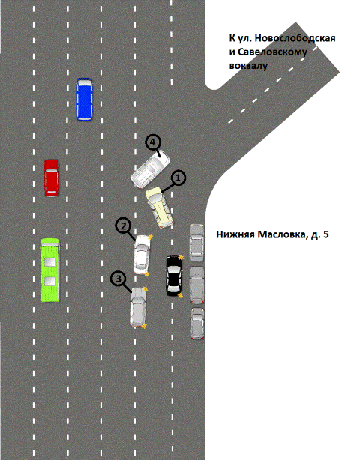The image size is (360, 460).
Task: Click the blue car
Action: pos(85,100)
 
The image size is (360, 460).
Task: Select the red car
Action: pos(52,178)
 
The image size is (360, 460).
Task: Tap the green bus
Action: pos(50,270)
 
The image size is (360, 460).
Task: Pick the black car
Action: pos(174,276)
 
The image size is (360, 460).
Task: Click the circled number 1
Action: pos(178,178)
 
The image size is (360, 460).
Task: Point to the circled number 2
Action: pos(124,226)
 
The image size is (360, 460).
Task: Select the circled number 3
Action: pos(118,279)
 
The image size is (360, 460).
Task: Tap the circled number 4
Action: pos(153,142)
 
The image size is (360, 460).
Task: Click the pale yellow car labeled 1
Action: pos(159,207)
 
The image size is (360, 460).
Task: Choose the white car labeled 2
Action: pos(142,255)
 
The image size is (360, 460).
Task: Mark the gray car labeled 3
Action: pos(138,307)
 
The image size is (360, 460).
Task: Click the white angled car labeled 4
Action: pos(150,169)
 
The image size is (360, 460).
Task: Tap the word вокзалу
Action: pos(248,66)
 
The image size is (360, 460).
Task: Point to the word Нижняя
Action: pos(235,234)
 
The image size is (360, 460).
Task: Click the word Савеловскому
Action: pos(272,52)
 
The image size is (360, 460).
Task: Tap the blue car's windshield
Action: pos(85,83)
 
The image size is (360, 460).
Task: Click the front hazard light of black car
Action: pos(181,257)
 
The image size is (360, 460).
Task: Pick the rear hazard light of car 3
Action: pos(144,326)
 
